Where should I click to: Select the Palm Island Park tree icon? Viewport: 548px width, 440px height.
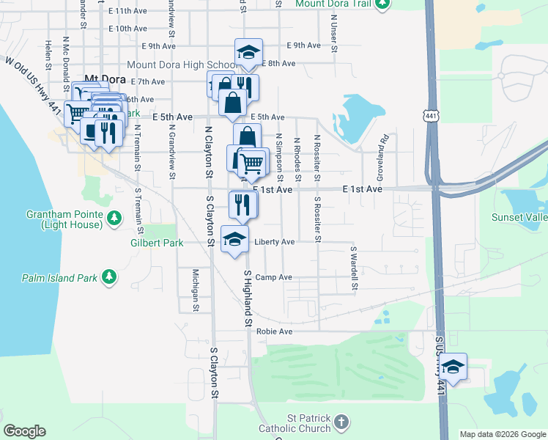pyautogui.click(x=108, y=276)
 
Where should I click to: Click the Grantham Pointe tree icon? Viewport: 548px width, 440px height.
pyautogui.click(x=114, y=217)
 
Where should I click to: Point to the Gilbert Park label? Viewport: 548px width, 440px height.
pyautogui.click(x=156, y=242)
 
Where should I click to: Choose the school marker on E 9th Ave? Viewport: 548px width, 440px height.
pyautogui.click(x=248, y=53)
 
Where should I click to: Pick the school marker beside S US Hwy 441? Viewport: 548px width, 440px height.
pyautogui.click(x=453, y=367)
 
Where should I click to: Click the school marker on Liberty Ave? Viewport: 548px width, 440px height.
pyautogui.click(x=234, y=240)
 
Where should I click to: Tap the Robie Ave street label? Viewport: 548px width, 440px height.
pyautogui.click(x=275, y=331)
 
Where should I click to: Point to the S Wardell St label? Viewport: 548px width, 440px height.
pyautogui.click(x=352, y=268)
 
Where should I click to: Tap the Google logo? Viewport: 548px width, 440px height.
pyautogui.click(x=24, y=431)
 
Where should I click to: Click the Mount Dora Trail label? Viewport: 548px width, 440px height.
pyautogui.click(x=334, y=4)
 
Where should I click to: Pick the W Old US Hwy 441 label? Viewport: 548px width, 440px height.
pyautogui.click(x=31, y=76)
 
